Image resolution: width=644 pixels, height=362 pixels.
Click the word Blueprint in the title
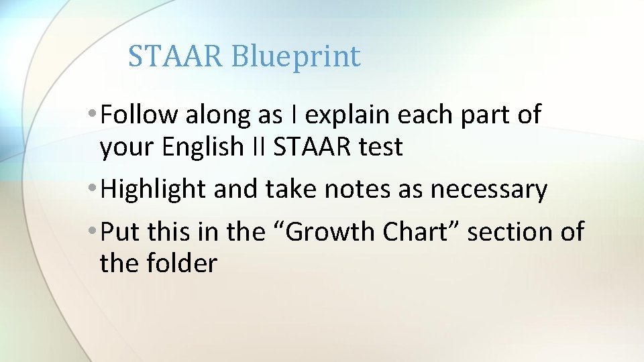pos(296,57)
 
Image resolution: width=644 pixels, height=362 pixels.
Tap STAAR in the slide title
pos(176,56)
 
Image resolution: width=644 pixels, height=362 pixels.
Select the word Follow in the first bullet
pos(138,115)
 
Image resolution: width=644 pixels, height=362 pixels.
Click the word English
pos(195,147)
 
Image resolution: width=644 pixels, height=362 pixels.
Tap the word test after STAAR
pos(379,147)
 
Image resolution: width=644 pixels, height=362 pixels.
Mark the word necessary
pos(488,190)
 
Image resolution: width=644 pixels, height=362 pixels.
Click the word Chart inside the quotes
pos(421,232)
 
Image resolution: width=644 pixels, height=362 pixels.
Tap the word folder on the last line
pos(182,263)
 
